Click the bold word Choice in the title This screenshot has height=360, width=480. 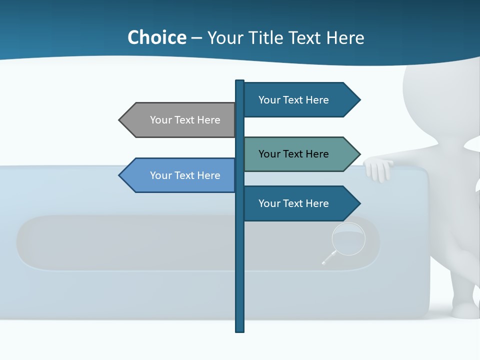pos(156,38)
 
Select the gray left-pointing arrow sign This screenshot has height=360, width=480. pos(177,120)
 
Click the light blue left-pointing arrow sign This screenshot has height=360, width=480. pos(177,175)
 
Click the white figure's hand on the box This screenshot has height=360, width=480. pos(378,169)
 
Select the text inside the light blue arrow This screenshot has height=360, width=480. pos(185,175)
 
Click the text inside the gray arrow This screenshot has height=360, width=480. pos(185,120)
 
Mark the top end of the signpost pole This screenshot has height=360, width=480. pos(239,81)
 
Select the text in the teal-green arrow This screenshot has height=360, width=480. pos(293,154)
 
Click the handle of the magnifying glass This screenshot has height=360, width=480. pos(328,258)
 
